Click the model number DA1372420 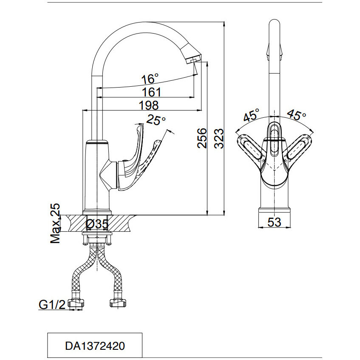(x=94, y=346)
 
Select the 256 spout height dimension (x=202, y=138)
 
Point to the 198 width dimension (x=148, y=105)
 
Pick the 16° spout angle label (x=150, y=79)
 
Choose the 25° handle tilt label (x=156, y=120)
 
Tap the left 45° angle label (x=251, y=115)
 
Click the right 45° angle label (x=296, y=115)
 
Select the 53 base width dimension (x=275, y=222)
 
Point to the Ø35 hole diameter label (x=97, y=224)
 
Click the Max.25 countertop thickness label (x=56, y=223)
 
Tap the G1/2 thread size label (x=52, y=305)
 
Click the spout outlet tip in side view (x=192, y=60)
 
